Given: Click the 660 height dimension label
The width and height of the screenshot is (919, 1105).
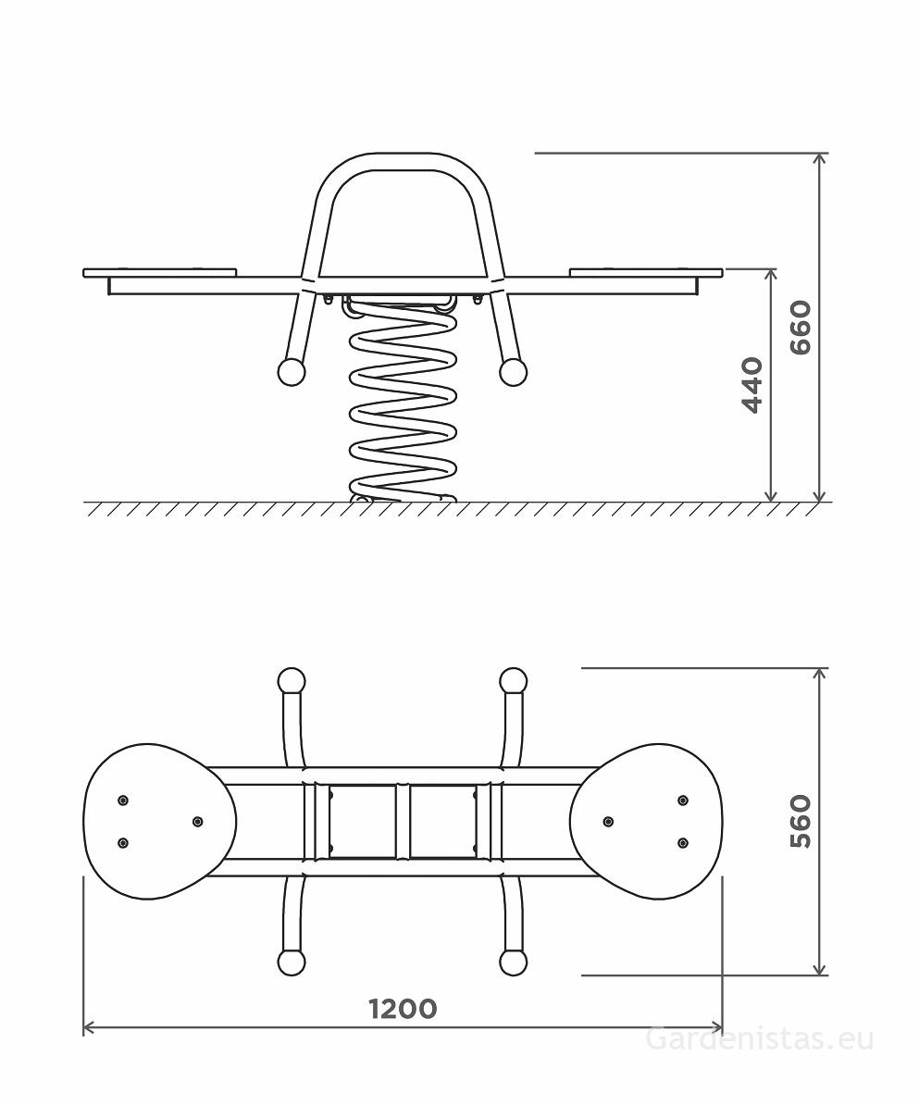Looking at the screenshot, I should click(x=800, y=327).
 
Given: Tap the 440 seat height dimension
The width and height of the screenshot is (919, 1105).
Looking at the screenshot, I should click(x=751, y=385).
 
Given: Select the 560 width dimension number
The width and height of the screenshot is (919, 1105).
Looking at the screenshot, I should click(x=800, y=821).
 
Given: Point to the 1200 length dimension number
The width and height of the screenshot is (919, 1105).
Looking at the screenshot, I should click(x=403, y=1008).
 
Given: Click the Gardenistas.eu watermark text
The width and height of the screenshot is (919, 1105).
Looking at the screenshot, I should click(x=759, y=1039).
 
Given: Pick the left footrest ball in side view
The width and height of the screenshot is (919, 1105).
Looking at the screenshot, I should click(x=292, y=372).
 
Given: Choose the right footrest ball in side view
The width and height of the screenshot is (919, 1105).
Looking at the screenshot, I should click(x=513, y=372).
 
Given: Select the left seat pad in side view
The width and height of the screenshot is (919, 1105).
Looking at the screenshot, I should click(x=160, y=272).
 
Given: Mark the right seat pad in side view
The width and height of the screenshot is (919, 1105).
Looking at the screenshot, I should click(x=645, y=272).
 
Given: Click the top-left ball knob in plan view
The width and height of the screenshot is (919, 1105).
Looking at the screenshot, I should click(x=292, y=681).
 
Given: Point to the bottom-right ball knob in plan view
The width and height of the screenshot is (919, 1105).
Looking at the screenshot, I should click(x=513, y=962).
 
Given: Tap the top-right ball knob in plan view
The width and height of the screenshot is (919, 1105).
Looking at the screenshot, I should click(x=513, y=681).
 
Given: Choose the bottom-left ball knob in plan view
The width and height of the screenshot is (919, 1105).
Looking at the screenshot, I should click(x=292, y=962).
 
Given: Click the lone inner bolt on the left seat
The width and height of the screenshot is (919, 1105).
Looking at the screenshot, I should click(x=197, y=822).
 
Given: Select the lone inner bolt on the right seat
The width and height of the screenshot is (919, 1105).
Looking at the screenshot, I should click(x=608, y=822).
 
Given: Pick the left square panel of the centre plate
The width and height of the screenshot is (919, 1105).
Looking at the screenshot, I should click(x=363, y=822).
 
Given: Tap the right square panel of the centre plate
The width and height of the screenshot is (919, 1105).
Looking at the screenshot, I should click(x=442, y=822).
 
